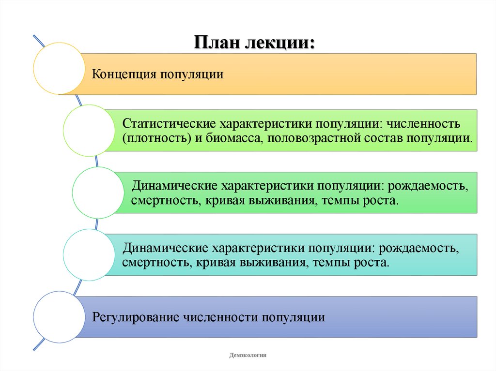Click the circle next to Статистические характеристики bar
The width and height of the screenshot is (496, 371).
coord(89,131)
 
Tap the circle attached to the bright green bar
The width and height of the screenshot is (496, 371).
coord(98,193)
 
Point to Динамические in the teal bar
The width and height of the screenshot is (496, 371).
coord(165,248)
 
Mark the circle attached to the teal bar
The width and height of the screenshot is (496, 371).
coord(89,254)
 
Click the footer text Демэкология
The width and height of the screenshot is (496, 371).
coord(248,356)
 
